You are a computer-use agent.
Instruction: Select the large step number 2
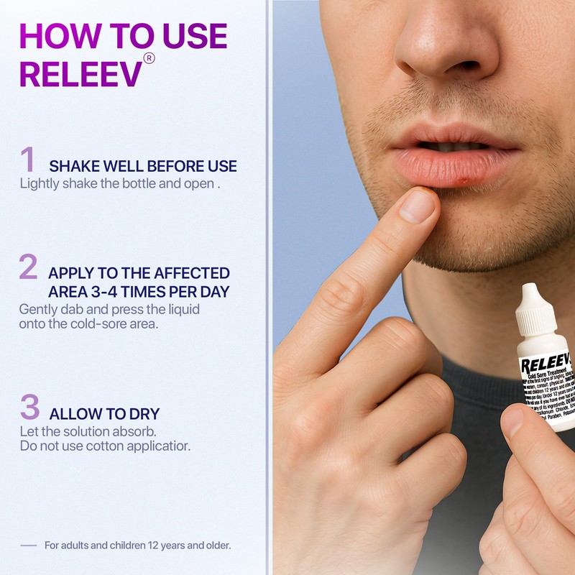pyautogui.click(x=28, y=267)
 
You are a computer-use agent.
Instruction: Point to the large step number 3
pyautogui.click(x=29, y=408)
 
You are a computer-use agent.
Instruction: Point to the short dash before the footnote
pyautogui.click(x=28, y=546)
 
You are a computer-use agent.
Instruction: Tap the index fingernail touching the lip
pyautogui.click(x=418, y=206)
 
